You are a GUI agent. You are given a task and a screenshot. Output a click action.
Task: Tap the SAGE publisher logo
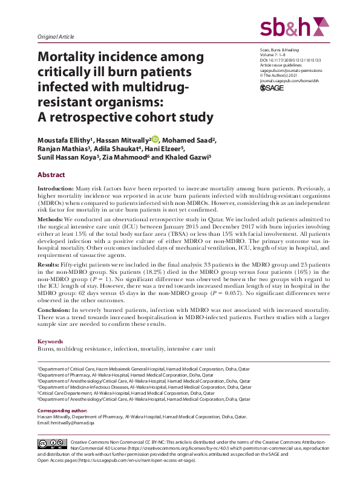tap(272, 88)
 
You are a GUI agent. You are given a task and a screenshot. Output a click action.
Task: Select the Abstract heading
tap(51, 174)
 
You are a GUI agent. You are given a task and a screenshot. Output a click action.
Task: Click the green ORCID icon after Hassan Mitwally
tap(155, 139)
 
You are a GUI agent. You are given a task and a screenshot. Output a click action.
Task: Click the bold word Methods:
tap(51, 219)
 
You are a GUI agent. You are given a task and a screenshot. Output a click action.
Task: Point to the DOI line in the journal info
tap(290, 61)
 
